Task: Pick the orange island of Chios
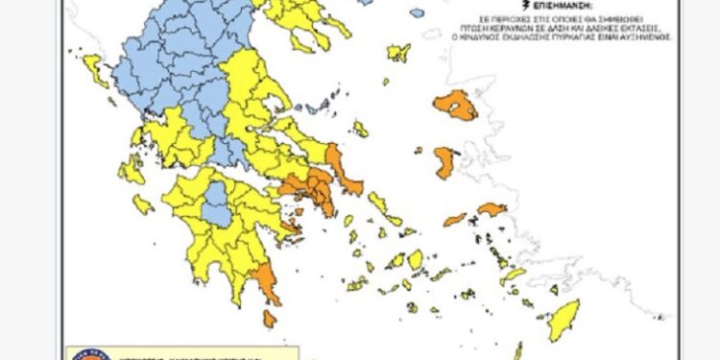click(444, 160)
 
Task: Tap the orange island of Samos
click(492, 208)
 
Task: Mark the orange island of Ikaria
click(455, 220)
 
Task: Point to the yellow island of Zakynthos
click(143, 204)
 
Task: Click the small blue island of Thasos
click(417, 13)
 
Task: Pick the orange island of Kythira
click(270, 318)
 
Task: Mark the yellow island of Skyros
click(360, 129)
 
